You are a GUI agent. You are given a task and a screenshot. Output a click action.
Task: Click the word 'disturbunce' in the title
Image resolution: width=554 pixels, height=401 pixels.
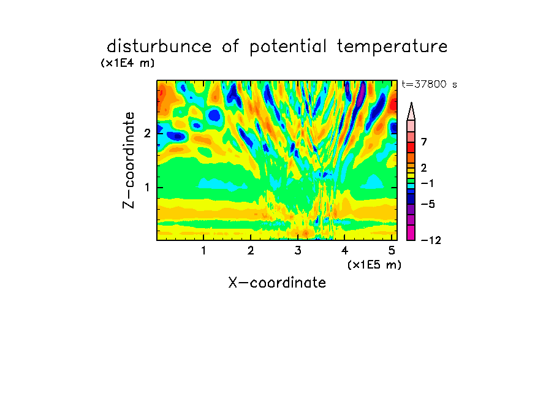[159, 46]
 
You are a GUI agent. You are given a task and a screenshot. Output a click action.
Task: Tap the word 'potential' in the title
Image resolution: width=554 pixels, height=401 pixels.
[288, 47]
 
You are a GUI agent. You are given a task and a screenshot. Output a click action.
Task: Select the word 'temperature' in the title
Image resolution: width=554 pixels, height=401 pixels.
[392, 47]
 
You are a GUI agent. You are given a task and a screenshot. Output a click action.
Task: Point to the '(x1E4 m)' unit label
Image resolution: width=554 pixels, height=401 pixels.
[127, 63]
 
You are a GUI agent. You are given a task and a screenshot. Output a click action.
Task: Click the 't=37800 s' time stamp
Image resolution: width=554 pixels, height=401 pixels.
[429, 84]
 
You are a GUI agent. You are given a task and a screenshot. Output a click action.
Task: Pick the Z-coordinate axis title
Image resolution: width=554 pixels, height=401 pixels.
[129, 160]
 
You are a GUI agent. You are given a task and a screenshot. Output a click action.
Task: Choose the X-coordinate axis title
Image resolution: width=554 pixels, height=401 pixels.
[277, 283]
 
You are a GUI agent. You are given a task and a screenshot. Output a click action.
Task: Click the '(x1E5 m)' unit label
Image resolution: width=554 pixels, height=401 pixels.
[374, 264]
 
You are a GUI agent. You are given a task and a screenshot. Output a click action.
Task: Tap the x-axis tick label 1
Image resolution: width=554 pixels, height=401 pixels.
[203, 250]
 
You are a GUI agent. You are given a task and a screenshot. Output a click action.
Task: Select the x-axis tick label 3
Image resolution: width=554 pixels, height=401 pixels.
[298, 250]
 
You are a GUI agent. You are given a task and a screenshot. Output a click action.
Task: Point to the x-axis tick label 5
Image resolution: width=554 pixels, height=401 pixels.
[392, 250]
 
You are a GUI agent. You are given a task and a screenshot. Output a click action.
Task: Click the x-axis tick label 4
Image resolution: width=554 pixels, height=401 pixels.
[344, 250]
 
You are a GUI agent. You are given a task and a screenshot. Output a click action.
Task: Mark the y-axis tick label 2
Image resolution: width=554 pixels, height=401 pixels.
[147, 133]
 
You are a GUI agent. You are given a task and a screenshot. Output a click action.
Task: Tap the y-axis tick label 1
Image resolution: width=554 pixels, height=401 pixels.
[147, 187]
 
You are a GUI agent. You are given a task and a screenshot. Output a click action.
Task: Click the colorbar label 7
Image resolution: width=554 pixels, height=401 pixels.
[424, 142]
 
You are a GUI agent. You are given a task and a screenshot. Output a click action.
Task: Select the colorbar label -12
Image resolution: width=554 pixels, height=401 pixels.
[431, 240]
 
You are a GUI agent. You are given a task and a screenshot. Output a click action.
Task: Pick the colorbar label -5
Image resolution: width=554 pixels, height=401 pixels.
[428, 204]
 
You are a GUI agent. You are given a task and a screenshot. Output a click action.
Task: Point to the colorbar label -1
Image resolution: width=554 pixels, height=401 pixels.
[427, 183]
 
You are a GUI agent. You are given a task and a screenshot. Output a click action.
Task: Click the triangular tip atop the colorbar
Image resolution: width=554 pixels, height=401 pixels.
[411, 103]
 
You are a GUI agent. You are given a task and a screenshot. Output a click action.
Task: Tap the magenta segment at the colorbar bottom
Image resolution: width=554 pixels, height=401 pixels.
[411, 232]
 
